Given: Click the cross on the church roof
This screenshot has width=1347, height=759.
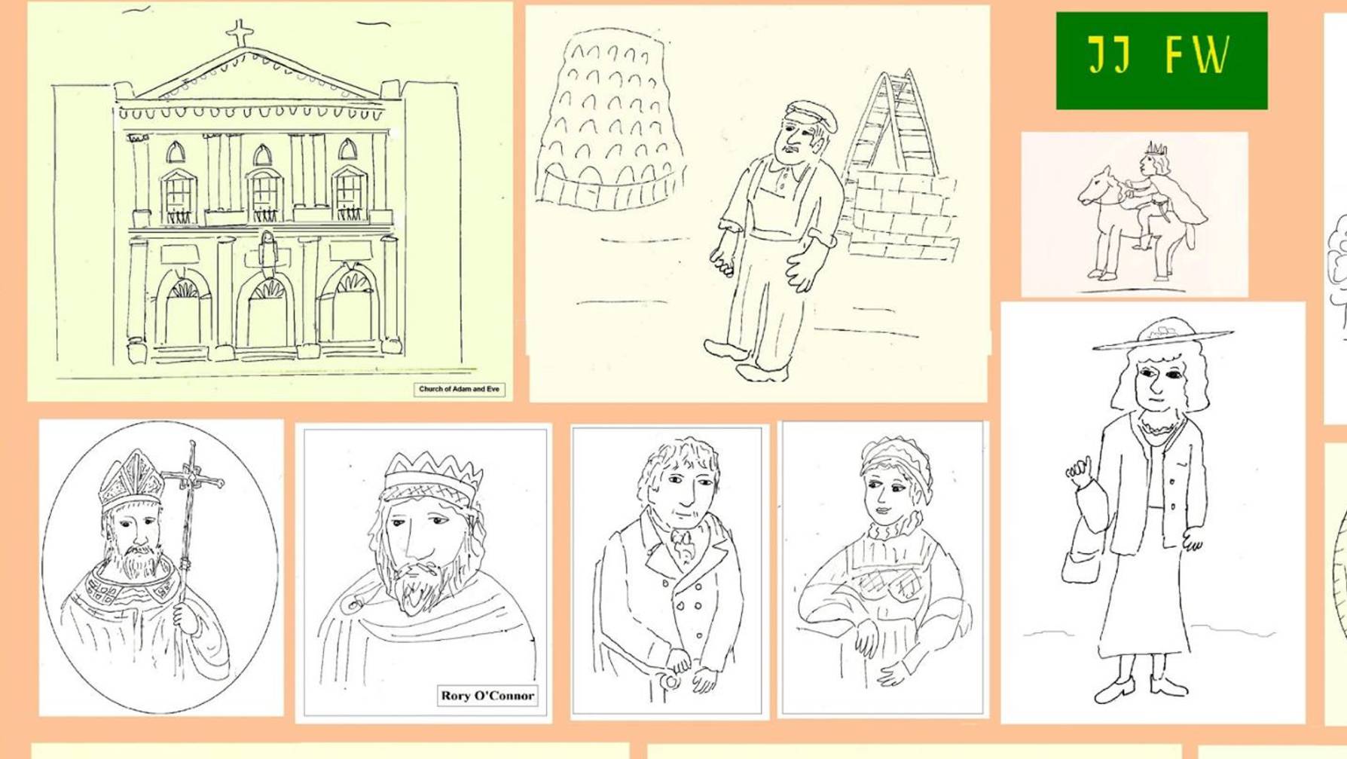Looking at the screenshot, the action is [240, 33].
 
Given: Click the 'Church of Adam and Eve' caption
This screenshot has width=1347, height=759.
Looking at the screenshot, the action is [459, 389].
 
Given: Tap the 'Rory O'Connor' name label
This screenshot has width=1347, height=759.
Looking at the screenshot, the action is [487, 696].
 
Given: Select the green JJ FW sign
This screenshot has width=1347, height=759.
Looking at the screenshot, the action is [1161, 60].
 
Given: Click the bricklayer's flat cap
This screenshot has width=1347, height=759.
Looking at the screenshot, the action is [812, 115].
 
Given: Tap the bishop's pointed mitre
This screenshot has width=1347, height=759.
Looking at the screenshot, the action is [133, 479].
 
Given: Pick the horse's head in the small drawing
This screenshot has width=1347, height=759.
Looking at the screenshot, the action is [1096, 185].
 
